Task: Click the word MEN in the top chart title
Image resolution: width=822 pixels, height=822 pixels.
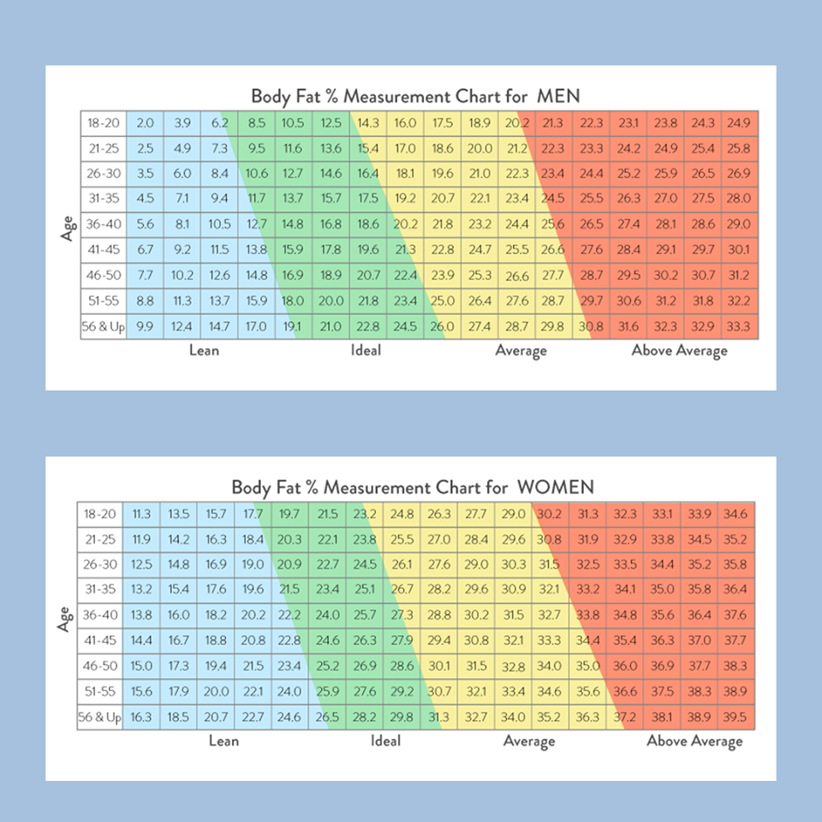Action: pos(558,95)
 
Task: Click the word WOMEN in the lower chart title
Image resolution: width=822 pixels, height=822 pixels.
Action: pos(555,487)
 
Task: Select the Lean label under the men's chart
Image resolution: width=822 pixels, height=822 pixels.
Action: pos(204,350)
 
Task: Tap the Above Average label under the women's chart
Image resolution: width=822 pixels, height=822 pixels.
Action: pos(694,742)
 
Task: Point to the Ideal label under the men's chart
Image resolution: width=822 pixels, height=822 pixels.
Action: pos(366,350)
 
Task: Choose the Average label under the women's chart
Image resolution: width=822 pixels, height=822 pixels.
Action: pos(529,742)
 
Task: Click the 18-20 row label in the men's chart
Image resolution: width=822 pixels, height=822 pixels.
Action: pos(103,123)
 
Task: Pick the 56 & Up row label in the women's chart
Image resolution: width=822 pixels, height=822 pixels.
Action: pos(100,718)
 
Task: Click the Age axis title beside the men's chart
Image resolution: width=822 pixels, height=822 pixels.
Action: pos(68,225)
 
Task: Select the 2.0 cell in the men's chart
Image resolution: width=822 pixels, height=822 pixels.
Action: pos(146,123)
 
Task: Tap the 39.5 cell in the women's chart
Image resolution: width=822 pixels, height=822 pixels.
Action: pos(736,718)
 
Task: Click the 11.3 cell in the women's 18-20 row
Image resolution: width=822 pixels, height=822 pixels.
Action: pos(141,515)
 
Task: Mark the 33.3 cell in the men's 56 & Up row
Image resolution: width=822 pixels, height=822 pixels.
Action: pos(738,326)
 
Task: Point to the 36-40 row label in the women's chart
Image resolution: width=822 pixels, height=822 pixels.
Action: pos(100,616)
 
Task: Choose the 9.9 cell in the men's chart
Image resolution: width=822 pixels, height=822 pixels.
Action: pos(146,326)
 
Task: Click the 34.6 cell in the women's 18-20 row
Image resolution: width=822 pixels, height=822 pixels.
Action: pos(736,515)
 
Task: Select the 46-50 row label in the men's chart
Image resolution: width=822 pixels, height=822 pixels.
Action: pos(103,276)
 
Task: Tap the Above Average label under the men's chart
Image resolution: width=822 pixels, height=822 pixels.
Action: pos(680,350)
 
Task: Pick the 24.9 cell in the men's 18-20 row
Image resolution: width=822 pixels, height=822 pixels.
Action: pos(738,123)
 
